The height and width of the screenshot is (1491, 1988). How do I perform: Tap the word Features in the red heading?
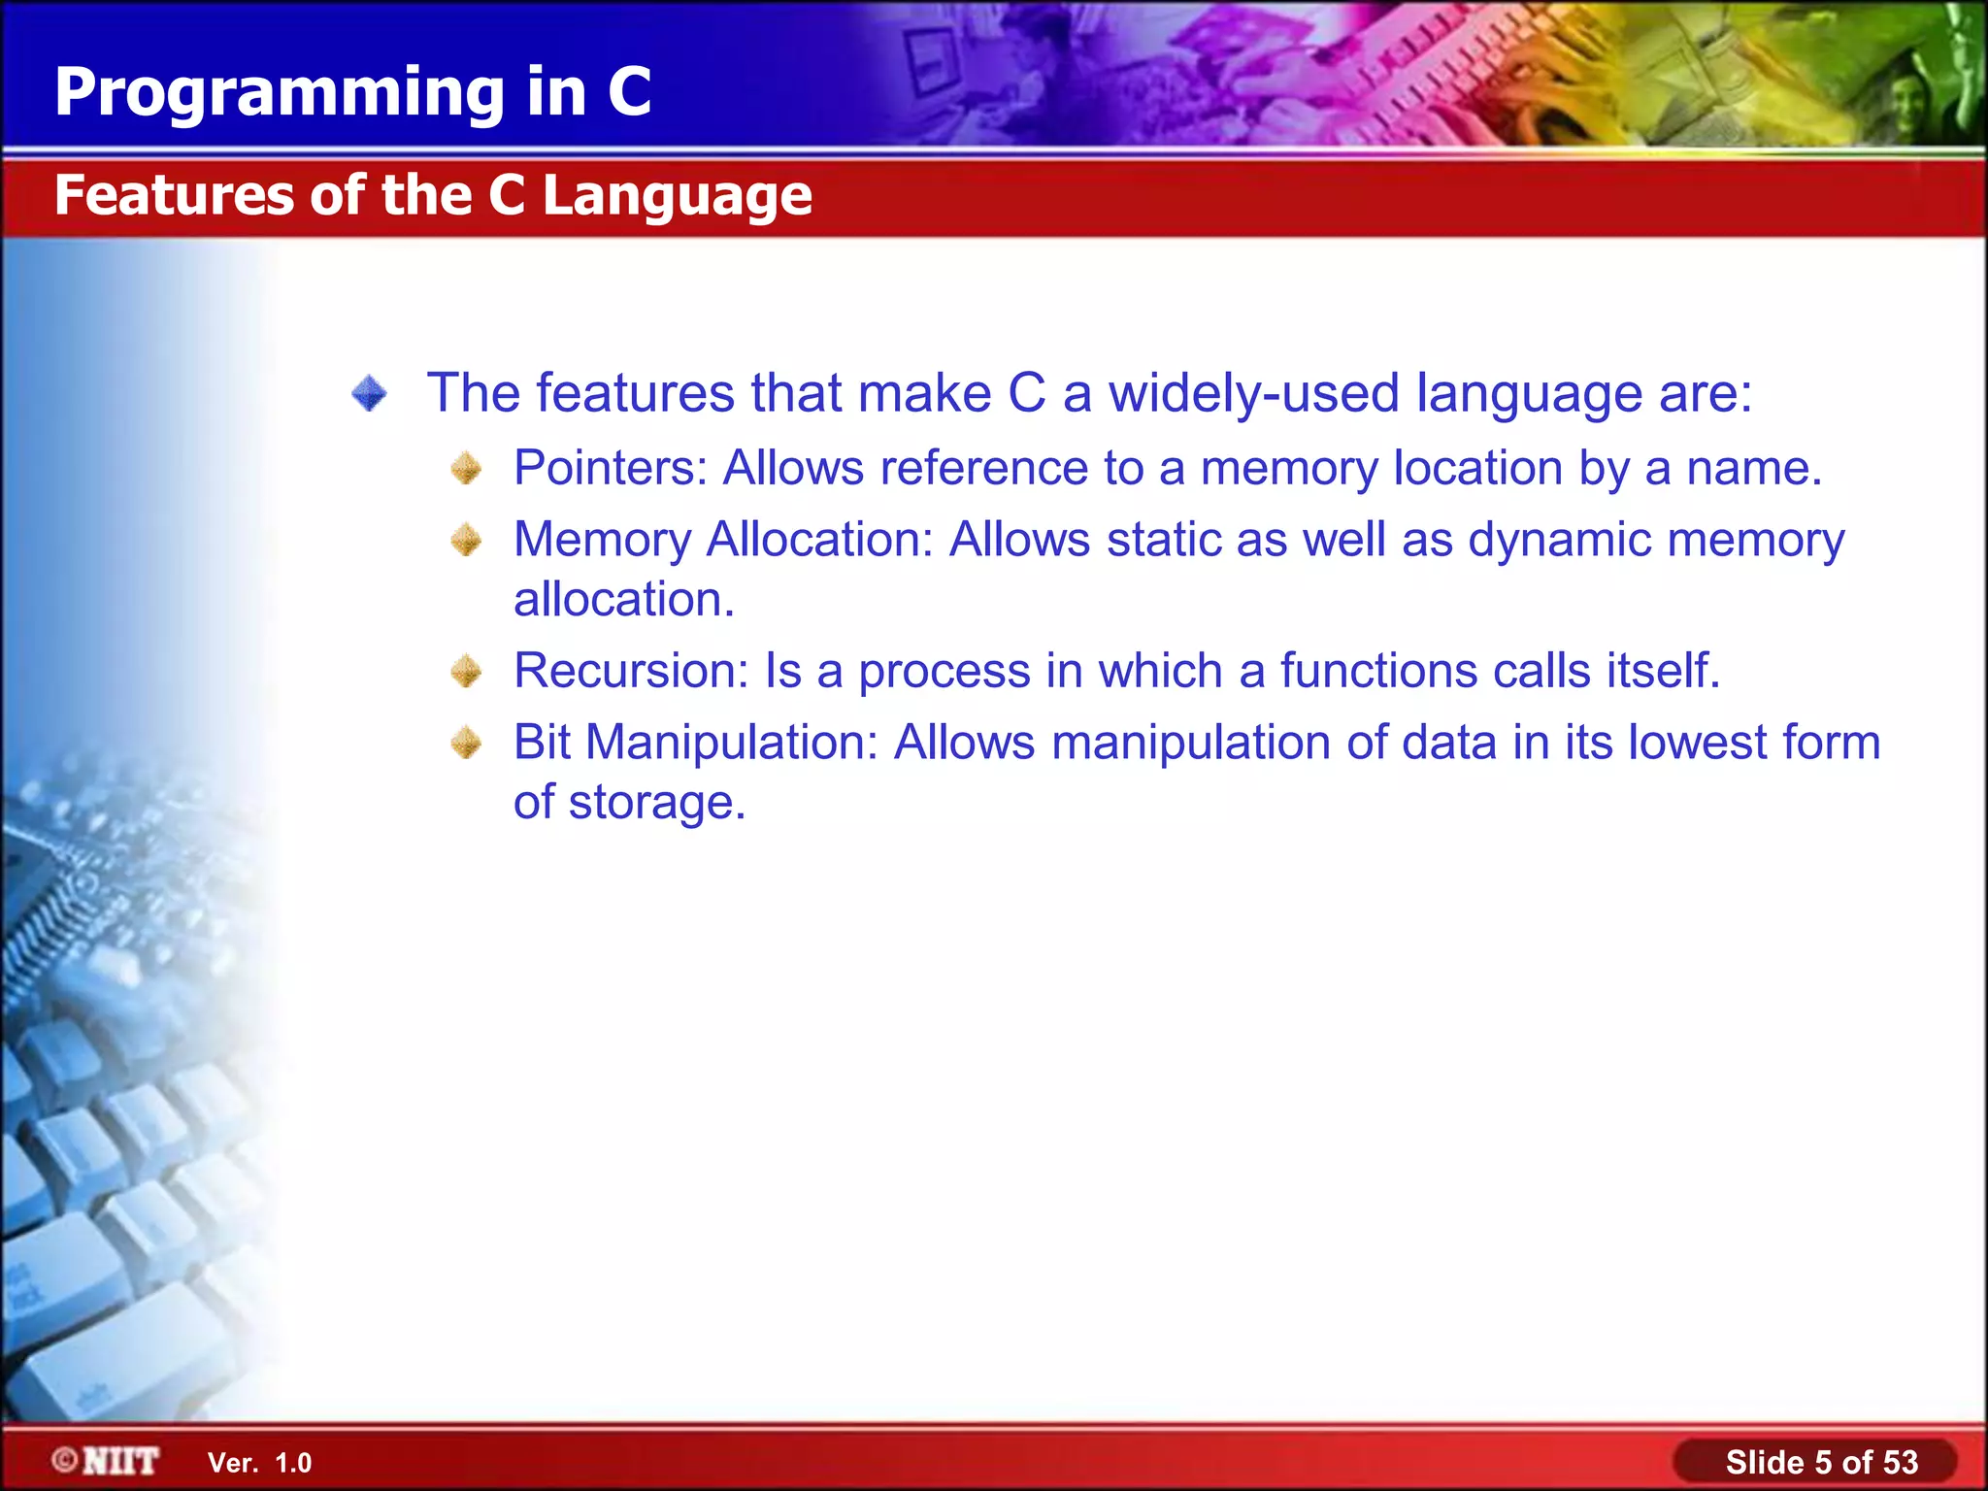point(173,195)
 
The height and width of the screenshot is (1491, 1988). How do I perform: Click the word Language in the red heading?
point(677,197)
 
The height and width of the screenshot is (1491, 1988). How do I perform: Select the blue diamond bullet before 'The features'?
point(369,394)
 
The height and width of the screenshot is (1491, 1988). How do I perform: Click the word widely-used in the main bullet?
point(1253,394)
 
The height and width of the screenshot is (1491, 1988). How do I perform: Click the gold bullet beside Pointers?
point(466,469)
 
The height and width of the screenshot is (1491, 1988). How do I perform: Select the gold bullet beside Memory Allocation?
point(466,540)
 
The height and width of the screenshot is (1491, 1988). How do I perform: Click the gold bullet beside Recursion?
point(466,671)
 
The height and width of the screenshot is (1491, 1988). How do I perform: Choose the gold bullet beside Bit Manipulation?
point(466,744)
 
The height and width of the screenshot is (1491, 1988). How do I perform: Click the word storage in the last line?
point(655,804)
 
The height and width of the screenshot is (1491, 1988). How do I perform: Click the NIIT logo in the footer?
point(106,1461)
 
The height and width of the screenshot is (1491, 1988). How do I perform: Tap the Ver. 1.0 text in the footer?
point(259,1463)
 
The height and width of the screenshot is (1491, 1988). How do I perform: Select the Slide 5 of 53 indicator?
point(1820,1462)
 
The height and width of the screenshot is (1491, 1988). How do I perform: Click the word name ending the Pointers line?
point(1752,469)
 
